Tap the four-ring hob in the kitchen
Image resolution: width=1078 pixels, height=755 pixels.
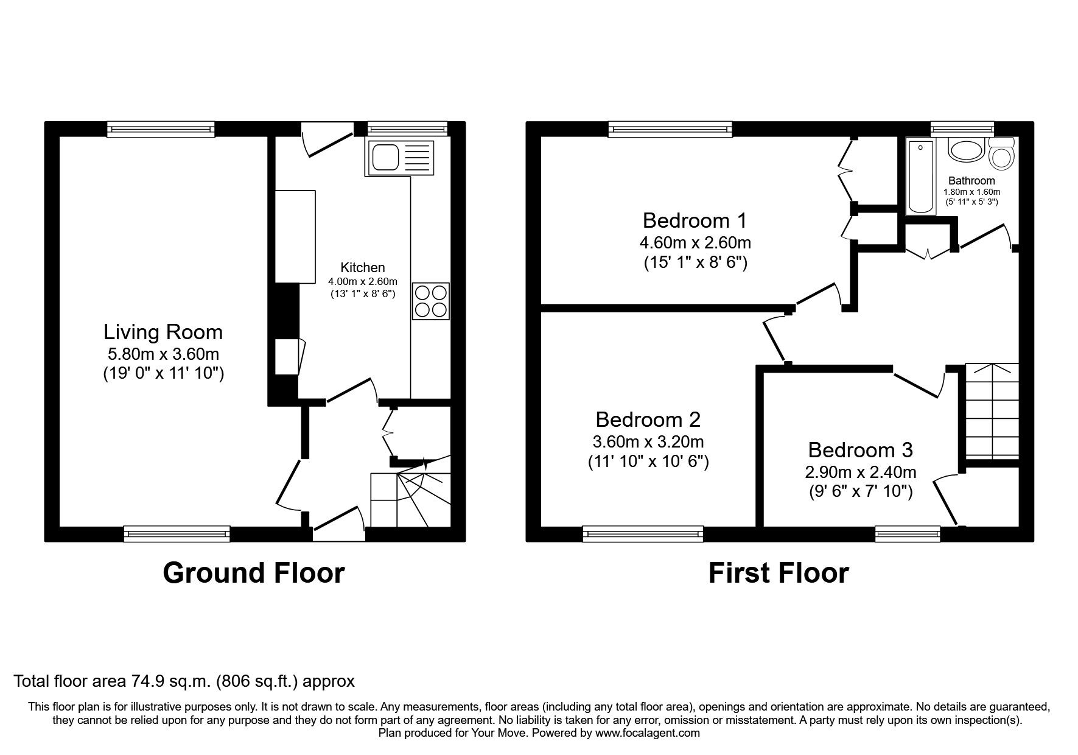click(x=431, y=301)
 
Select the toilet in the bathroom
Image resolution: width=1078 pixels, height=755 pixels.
click(x=1001, y=152)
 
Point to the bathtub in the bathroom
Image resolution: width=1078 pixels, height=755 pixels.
click(x=922, y=176)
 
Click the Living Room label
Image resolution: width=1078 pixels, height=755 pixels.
click(x=163, y=332)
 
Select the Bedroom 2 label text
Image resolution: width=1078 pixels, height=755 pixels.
click(x=648, y=420)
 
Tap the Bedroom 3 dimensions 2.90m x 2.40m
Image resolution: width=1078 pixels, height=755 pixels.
click(x=861, y=471)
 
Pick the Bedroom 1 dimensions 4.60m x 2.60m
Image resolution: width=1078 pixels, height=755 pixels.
click(x=695, y=242)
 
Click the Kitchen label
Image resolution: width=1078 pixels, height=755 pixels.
click(x=362, y=267)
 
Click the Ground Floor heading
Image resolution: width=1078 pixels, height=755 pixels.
click(x=253, y=573)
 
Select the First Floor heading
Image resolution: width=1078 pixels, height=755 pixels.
click(x=779, y=573)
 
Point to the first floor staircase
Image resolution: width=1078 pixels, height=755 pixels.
click(x=992, y=411)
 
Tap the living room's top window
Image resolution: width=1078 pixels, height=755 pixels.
click(x=161, y=128)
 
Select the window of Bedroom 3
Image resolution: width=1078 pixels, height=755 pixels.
click(x=907, y=534)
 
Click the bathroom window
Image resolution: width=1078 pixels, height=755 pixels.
click(x=962, y=128)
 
